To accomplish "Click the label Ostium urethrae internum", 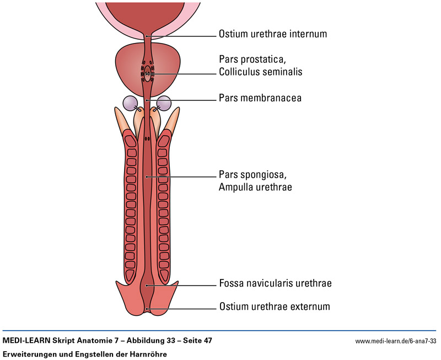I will tap(273, 34).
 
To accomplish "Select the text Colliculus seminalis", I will tap(261, 72).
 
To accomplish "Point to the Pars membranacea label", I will tap(256, 98).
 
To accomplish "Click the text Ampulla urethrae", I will tap(255, 187).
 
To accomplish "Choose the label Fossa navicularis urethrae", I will tap(275, 284).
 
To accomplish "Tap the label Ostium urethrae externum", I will tap(275, 306).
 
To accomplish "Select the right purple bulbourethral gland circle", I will tap(164, 103).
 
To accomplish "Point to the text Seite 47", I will tap(196, 341).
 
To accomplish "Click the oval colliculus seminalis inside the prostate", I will tap(147, 72).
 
